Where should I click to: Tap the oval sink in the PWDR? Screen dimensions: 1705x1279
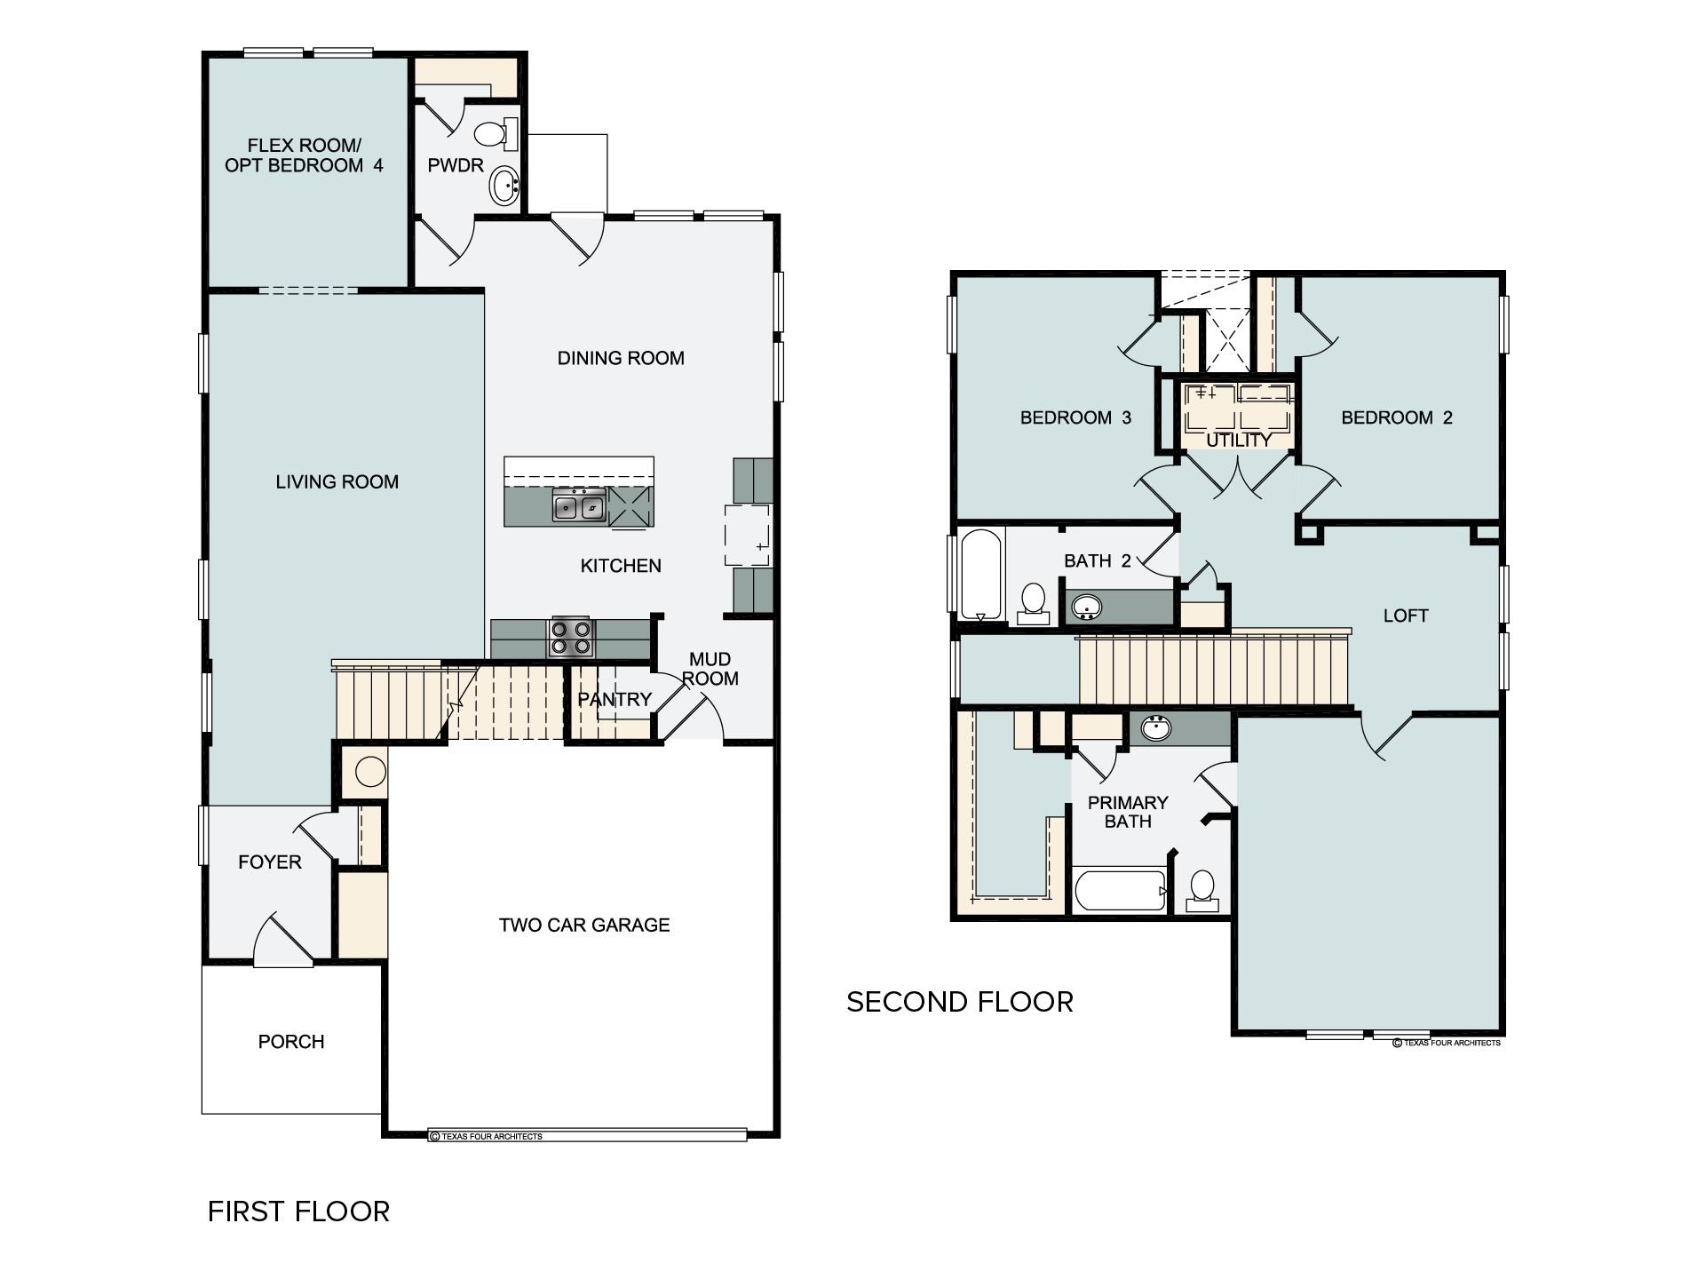(x=504, y=187)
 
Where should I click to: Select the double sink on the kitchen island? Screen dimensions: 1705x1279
(x=578, y=507)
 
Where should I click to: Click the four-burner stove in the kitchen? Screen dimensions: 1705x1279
(x=571, y=637)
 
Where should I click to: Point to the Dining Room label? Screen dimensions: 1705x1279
(x=621, y=358)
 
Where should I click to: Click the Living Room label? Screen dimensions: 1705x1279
(x=337, y=481)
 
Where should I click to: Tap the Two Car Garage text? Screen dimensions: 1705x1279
(x=584, y=925)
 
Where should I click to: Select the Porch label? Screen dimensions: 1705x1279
(x=291, y=1041)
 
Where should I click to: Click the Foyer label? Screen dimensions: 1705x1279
(x=270, y=862)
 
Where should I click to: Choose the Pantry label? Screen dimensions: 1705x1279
(x=615, y=699)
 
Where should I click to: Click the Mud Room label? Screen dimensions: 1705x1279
(x=710, y=669)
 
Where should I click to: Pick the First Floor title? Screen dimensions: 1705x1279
(x=298, y=1211)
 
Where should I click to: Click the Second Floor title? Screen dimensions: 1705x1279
(x=960, y=1002)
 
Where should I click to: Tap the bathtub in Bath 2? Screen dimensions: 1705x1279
(x=981, y=575)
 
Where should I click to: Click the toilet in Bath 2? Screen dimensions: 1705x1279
(x=1033, y=603)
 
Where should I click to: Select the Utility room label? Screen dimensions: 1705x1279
(x=1239, y=440)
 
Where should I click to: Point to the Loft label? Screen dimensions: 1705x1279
(x=1406, y=616)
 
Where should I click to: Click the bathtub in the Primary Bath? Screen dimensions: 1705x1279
(x=1120, y=890)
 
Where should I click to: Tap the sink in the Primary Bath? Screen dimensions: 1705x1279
(x=1154, y=728)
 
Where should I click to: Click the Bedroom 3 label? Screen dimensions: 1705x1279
(x=1075, y=417)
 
